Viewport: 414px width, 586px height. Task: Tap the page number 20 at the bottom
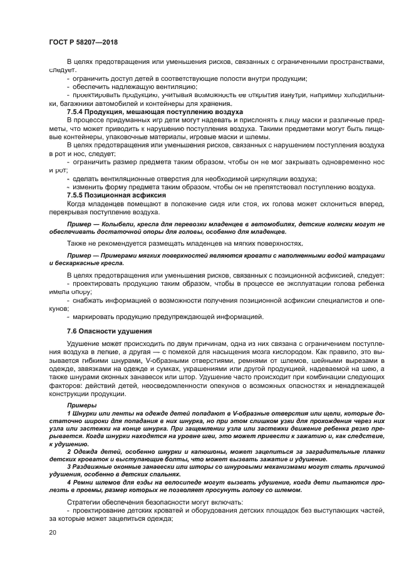53,531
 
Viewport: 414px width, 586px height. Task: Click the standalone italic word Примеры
81,405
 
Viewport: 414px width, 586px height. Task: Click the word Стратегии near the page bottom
84,503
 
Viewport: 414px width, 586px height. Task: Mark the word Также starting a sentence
78,243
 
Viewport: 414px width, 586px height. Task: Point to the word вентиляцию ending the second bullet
176,86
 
